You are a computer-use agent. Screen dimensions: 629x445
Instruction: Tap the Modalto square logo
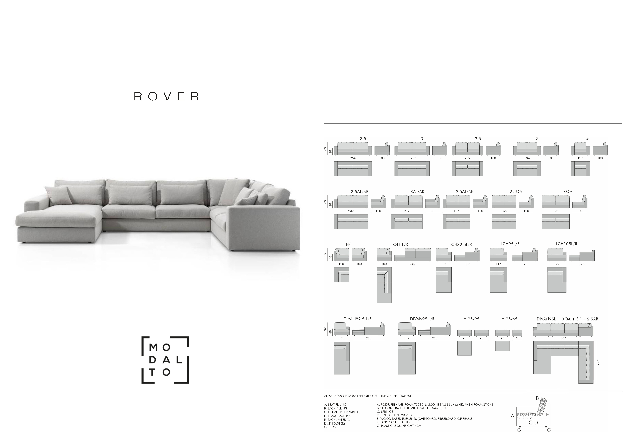click(x=165, y=360)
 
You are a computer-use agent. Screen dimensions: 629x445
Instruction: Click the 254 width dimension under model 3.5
click(x=353, y=158)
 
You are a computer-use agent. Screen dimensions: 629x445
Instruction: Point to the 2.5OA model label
click(x=516, y=192)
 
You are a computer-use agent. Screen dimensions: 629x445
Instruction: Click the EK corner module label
click(x=348, y=245)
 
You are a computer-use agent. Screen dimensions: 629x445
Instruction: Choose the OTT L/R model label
click(x=401, y=245)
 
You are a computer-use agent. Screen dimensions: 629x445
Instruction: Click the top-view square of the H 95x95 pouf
click(x=464, y=348)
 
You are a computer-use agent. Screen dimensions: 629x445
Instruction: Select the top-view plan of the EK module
click(x=341, y=275)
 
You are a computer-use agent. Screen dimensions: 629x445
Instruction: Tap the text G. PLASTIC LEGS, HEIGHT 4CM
click(x=399, y=426)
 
